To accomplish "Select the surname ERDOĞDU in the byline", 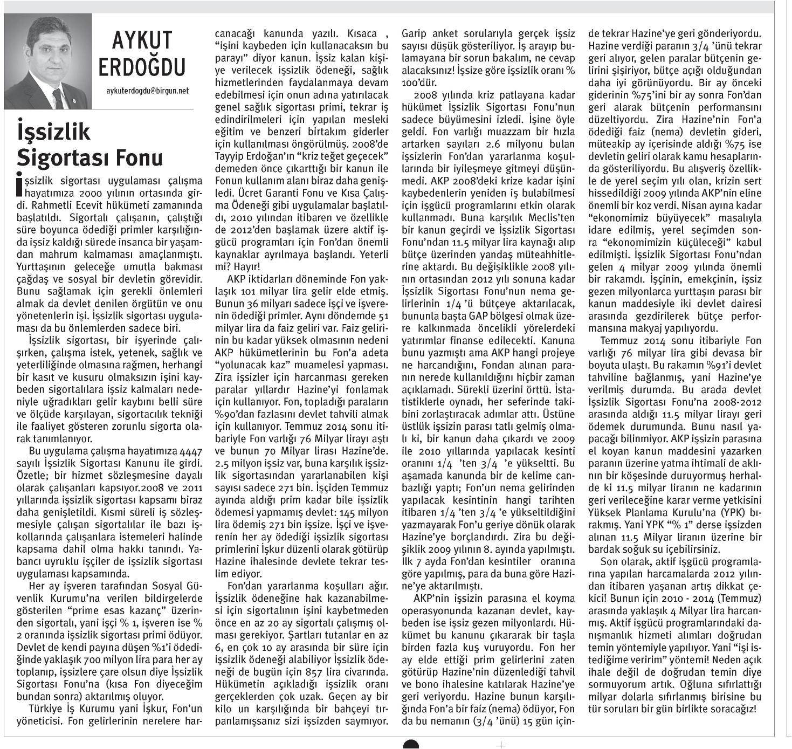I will [142, 67].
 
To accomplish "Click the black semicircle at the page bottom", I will [411, 744].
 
